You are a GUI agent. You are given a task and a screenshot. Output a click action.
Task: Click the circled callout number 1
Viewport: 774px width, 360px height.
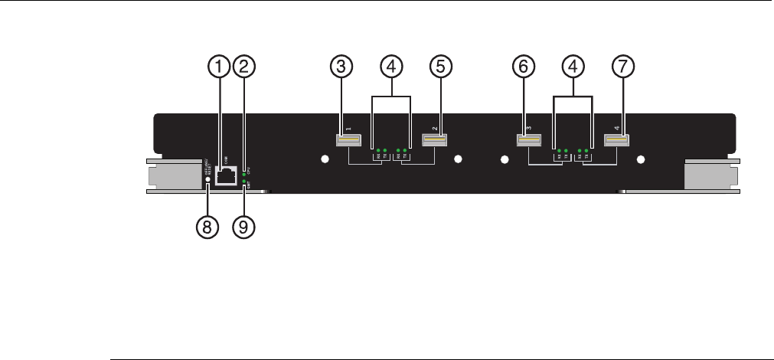pos(220,67)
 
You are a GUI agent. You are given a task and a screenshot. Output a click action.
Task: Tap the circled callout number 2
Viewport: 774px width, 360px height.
pos(244,67)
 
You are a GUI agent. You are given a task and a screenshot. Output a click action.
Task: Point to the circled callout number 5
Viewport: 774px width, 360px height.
pos(440,67)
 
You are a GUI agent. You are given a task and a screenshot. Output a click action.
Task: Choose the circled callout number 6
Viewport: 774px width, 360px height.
pos(523,67)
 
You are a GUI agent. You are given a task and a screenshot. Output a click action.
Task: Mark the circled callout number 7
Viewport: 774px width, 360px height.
pos(623,67)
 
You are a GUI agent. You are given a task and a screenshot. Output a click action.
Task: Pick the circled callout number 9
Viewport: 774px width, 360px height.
pos(244,227)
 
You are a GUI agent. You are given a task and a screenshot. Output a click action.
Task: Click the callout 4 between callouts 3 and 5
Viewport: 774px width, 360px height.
pos(392,67)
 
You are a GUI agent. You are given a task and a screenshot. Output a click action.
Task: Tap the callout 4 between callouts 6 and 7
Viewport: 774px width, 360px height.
pos(573,67)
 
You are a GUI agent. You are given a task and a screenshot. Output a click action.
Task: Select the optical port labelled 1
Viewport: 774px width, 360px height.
pos(348,140)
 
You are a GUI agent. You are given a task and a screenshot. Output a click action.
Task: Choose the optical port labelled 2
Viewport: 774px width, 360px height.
pos(434,140)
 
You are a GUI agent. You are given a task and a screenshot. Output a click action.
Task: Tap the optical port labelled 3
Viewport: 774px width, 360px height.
pos(528,140)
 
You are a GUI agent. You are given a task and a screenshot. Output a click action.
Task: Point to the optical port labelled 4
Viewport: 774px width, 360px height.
pos(616,140)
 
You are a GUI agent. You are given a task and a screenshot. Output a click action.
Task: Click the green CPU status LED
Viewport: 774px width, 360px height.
pos(244,175)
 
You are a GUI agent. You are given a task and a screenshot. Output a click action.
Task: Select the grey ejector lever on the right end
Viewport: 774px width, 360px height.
pos(712,177)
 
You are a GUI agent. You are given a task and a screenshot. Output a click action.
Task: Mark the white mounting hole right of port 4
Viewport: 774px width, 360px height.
pos(641,160)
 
